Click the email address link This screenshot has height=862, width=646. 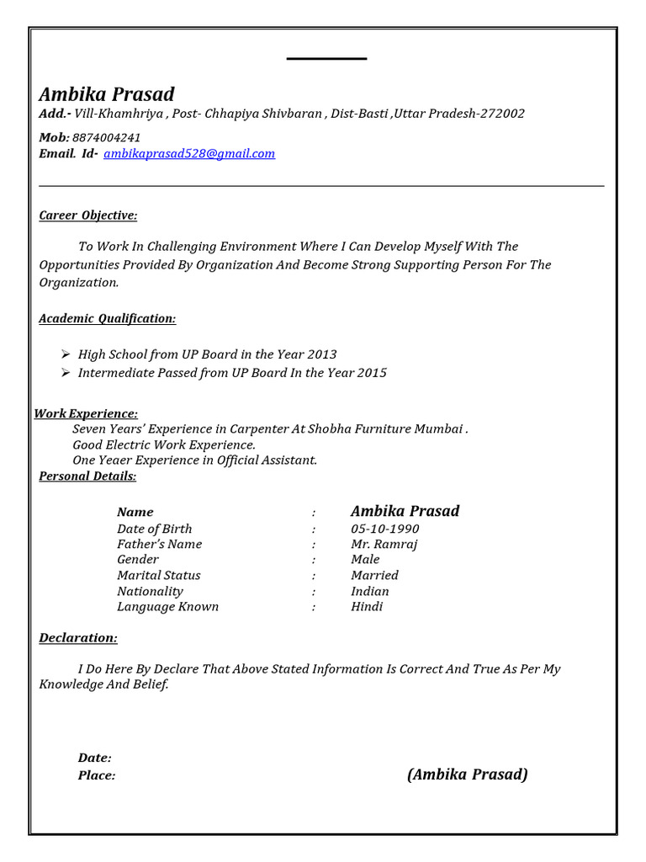click(189, 154)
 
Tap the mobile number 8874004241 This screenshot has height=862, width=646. click(107, 137)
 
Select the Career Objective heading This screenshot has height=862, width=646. click(88, 215)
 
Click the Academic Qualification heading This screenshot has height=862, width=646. click(108, 318)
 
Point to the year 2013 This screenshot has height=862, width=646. click(322, 354)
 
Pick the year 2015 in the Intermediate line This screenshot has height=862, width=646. click(372, 372)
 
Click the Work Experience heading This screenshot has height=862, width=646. click(86, 413)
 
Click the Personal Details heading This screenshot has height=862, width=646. click(87, 476)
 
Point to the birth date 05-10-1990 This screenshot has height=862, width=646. click(384, 529)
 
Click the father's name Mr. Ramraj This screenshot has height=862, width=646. click(384, 544)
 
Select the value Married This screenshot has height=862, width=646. click(374, 575)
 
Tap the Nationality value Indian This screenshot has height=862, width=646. click(370, 591)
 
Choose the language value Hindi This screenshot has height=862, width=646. click(367, 606)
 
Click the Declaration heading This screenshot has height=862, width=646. click(78, 638)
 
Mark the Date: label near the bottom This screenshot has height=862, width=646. click(95, 758)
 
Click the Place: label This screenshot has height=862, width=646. click(97, 775)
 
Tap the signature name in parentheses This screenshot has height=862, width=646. click(467, 774)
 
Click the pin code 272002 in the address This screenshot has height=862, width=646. click(501, 114)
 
